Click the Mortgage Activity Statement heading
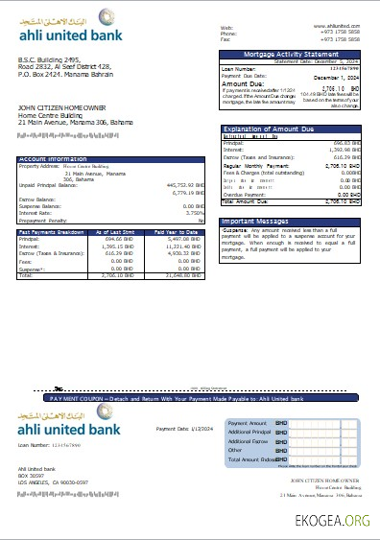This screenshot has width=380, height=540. (x=292, y=56)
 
